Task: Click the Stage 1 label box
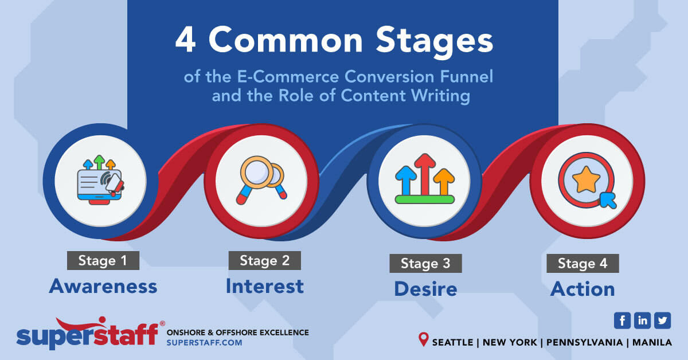click(x=103, y=260)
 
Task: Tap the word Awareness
click(x=103, y=285)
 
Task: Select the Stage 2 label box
click(x=264, y=260)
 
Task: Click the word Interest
click(x=264, y=285)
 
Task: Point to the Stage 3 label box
click(x=425, y=263)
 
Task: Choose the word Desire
click(x=425, y=289)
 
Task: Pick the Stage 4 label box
click(x=583, y=263)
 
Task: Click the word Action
click(x=583, y=289)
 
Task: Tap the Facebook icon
click(x=622, y=320)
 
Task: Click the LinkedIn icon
click(x=642, y=320)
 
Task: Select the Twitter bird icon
click(x=662, y=320)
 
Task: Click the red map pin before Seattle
click(x=424, y=341)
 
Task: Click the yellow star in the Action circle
click(x=585, y=179)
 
